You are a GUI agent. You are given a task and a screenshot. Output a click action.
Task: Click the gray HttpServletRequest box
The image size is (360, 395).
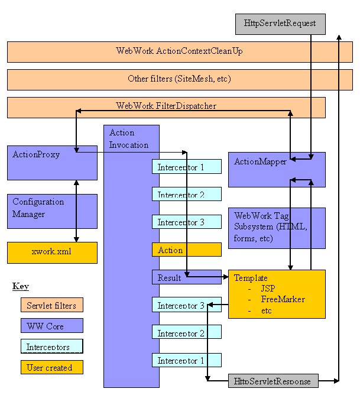pos(280,24)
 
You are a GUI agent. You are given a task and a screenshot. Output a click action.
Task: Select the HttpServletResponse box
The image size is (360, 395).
pos(273,381)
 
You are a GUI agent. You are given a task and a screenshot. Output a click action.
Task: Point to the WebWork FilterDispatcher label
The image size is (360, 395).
pos(166,106)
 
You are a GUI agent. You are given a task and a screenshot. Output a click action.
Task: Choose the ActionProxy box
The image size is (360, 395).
pos(52,163)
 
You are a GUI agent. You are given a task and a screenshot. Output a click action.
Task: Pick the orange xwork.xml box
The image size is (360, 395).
pos(52,252)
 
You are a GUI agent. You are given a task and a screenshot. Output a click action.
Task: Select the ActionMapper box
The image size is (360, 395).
pos(276,169)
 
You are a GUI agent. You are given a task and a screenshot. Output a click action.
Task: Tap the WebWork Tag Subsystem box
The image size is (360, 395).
pos(276,228)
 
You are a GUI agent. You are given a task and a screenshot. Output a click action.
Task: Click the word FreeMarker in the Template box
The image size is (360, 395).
pos(283,299)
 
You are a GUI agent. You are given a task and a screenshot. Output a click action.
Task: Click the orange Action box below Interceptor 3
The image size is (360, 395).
pos(186,250)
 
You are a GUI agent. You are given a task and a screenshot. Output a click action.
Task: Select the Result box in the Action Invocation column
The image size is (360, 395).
pos(186,277)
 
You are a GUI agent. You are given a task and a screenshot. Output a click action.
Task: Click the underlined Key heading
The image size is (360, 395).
pos(21,287)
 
